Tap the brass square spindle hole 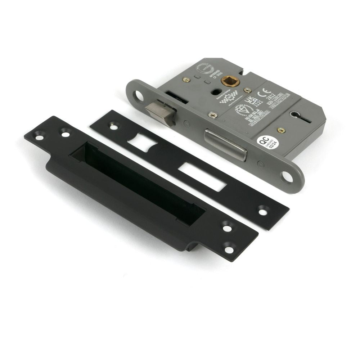pos(228,81)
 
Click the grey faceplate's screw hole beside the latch pos(138,96)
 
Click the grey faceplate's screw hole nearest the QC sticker pos(287,176)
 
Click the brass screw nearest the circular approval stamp pos(186,80)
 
